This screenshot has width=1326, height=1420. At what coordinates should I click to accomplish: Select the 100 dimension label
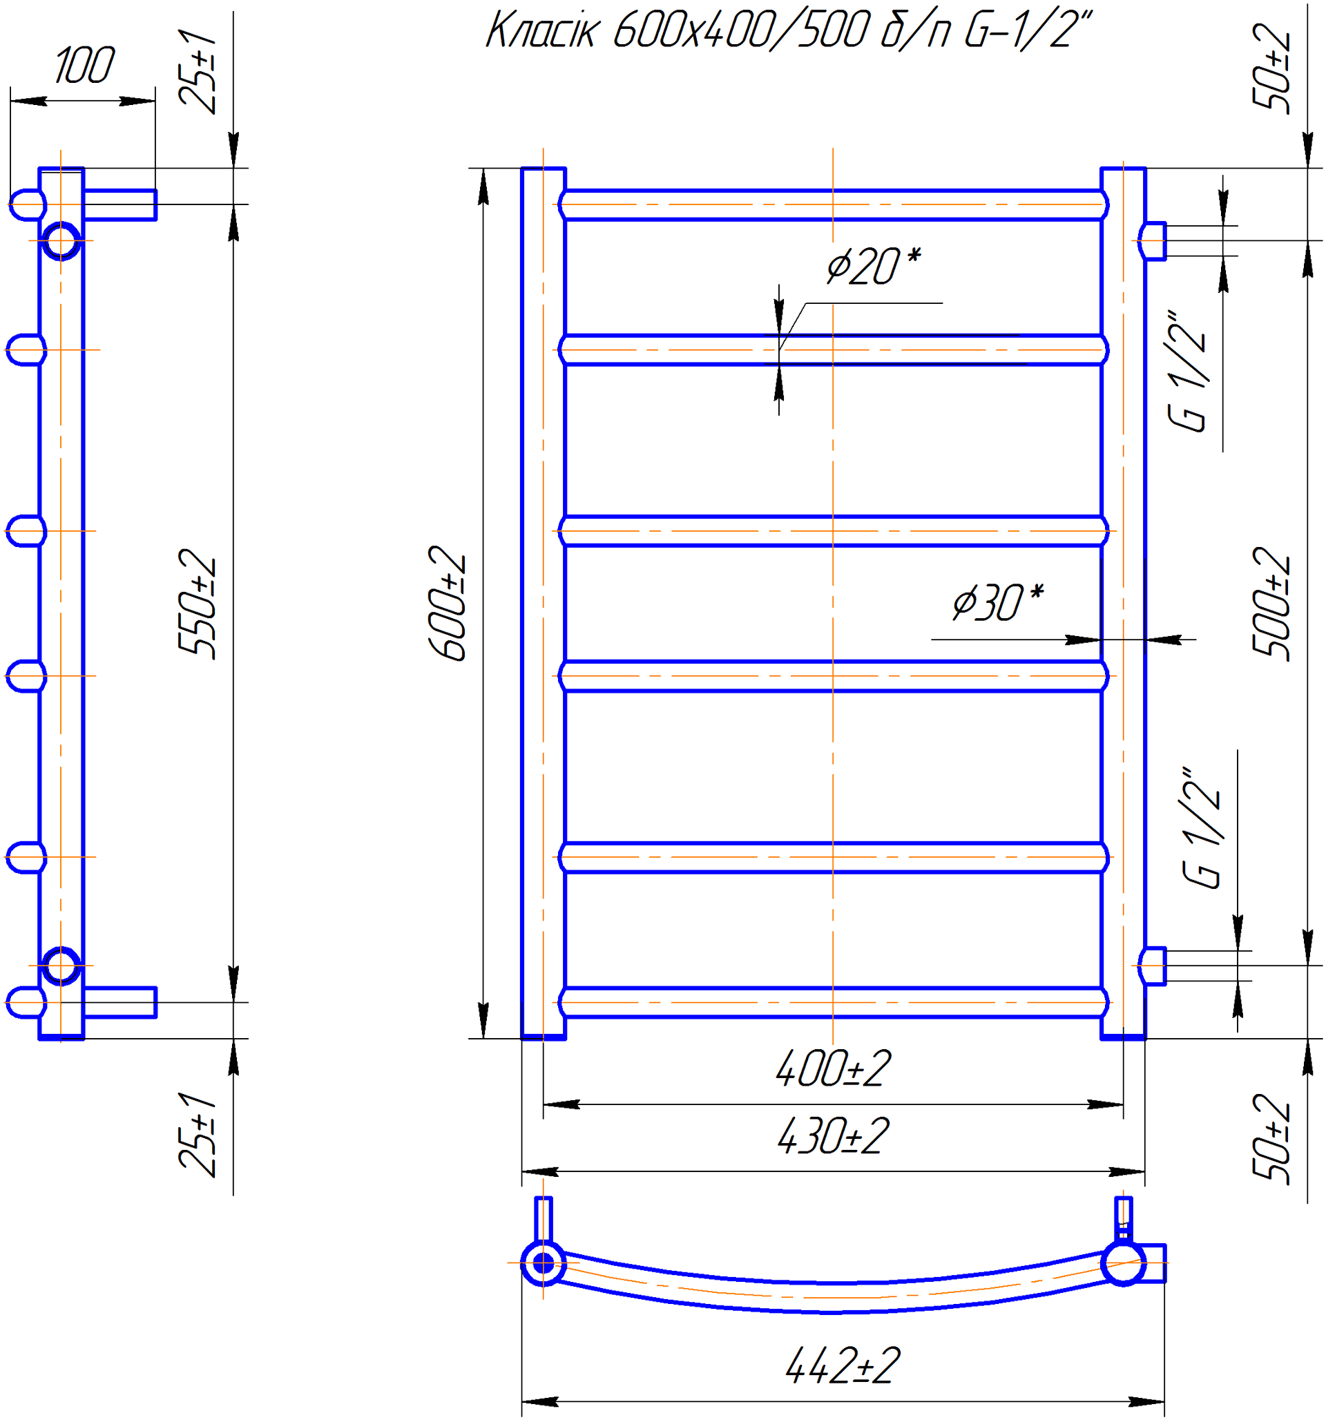pyautogui.click(x=84, y=65)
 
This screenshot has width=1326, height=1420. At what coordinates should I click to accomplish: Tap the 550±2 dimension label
pyautogui.click(x=198, y=604)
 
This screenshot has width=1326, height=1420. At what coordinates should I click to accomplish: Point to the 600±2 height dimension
pyautogui.click(x=448, y=603)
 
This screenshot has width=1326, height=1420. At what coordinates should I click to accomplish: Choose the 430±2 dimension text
pyautogui.click(x=833, y=1136)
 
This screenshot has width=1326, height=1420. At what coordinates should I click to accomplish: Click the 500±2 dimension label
pyautogui.click(x=1272, y=604)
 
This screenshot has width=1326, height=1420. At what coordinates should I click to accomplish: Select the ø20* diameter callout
pyautogui.click(x=874, y=267)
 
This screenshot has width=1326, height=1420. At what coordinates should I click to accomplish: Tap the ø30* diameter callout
pyautogui.click(x=998, y=602)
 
